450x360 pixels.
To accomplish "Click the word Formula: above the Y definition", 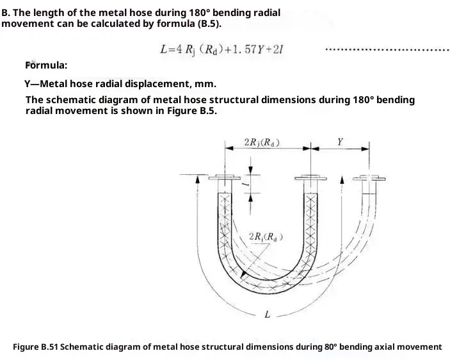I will point(46,65).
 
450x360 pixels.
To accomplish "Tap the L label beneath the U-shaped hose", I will point(267,315).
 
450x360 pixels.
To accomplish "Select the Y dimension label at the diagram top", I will point(339,142).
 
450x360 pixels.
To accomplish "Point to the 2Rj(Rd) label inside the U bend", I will point(265,238).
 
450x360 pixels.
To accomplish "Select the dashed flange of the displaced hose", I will point(371,177).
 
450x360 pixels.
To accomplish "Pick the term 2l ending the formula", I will point(280,49).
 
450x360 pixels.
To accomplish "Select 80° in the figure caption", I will point(330,347).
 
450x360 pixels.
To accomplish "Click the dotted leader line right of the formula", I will point(387,49).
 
